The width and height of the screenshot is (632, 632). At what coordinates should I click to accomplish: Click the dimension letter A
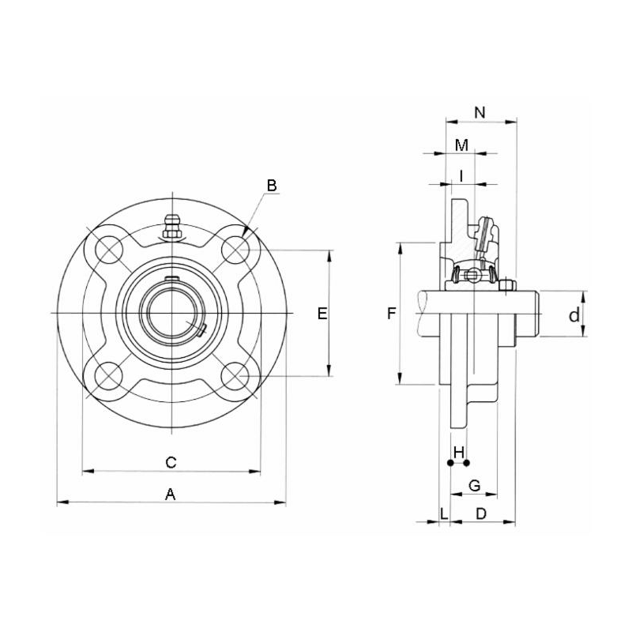[169, 494]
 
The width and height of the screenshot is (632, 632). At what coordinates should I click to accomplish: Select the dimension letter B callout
[271, 186]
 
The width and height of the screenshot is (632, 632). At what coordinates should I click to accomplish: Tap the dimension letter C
[169, 461]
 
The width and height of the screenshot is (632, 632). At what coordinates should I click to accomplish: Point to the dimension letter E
[322, 314]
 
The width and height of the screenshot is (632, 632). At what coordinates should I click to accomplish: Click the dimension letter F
[391, 314]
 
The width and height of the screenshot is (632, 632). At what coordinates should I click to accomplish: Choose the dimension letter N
[480, 112]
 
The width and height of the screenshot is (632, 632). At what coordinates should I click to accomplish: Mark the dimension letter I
[461, 176]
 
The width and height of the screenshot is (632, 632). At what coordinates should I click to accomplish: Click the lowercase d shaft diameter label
[575, 315]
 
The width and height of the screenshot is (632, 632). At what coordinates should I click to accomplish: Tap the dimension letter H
[458, 452]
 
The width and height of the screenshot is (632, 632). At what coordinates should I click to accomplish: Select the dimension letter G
[475, 485]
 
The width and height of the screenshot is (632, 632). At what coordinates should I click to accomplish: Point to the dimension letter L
[444, 513]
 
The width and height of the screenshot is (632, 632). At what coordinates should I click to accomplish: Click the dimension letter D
[480, 513]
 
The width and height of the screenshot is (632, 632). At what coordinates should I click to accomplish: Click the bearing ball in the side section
[472, 276]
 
